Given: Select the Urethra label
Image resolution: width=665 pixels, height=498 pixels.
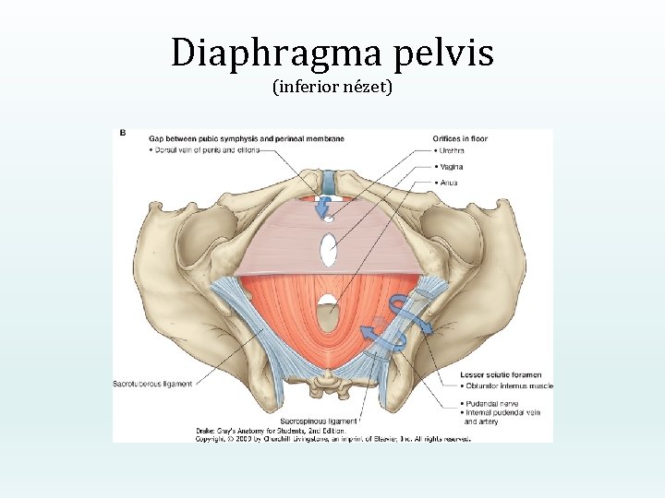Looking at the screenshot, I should click(x=451, y=152).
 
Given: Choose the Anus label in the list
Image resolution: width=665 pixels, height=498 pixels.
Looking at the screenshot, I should click(x=448, y=182).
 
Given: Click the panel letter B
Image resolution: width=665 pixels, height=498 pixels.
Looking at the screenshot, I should click(x=123, y=134).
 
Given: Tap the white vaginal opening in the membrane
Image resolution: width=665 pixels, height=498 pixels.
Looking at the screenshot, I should click(x=328, y=250).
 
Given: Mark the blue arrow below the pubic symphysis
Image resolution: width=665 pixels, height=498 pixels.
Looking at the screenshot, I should click(x=324, y=211).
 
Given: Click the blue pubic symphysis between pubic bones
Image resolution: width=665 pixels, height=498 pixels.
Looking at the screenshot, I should click(x=329, y=183).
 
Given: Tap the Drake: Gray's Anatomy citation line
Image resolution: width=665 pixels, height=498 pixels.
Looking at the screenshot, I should click(x=270, y=430).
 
